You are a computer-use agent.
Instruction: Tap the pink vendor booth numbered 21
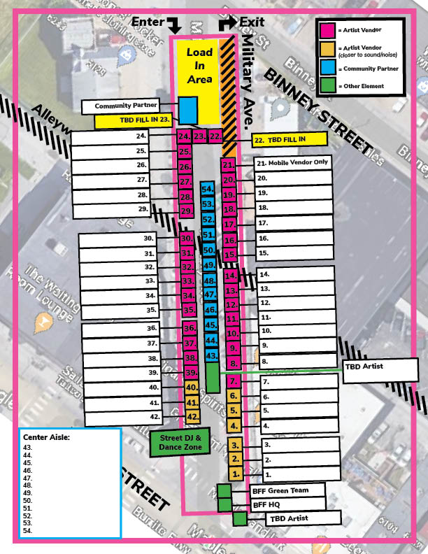point(228,165)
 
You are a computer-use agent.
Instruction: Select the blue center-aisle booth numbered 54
point(207,189)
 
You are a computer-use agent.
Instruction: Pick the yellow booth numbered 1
point(236,474)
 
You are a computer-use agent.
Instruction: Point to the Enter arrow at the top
point(174,24)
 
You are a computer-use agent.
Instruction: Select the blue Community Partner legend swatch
point(327,69)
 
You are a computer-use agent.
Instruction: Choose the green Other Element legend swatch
point(327,86)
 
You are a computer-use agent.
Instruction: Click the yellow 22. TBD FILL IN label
point(289,139)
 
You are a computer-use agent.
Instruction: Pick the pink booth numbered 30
point(187,239)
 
